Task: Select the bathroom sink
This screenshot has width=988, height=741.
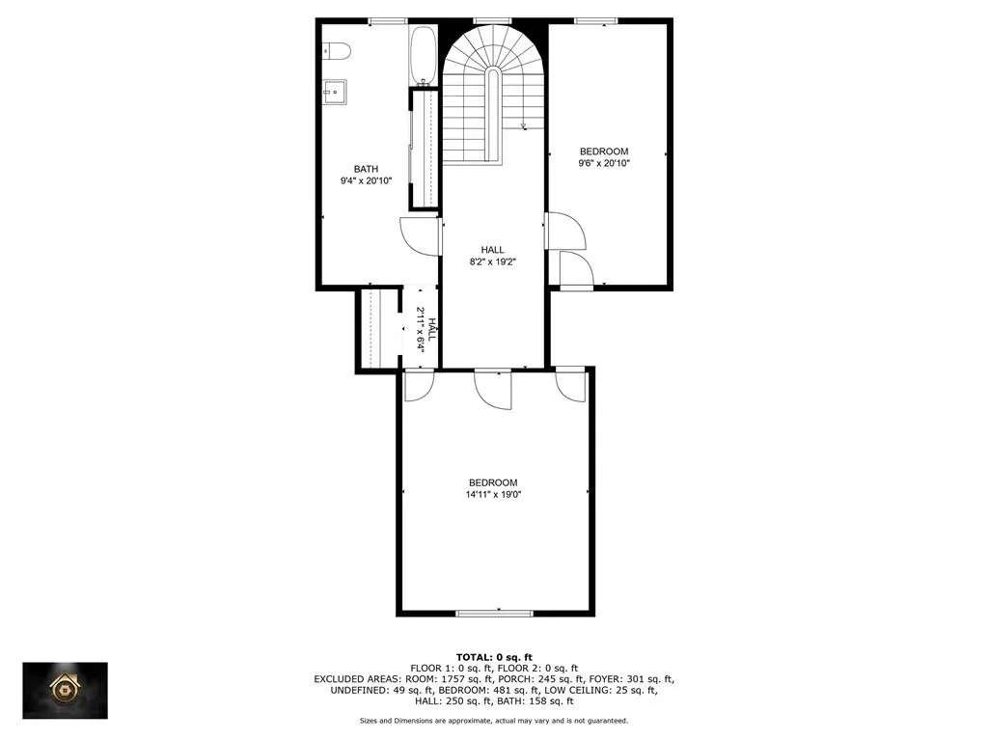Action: click(x=335, y=93)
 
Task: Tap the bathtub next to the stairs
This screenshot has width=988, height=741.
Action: click(x=423, y=55)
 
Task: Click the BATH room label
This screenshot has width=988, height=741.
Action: click(x=366, y=169)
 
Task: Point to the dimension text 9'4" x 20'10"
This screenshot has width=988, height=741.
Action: click(x=366, y=180)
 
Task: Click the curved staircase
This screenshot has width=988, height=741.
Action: click(x=493, y=95)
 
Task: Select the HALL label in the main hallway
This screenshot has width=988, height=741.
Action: click(x=493, y=250)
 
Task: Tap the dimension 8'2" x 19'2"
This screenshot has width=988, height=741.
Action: click(x=493, y=261)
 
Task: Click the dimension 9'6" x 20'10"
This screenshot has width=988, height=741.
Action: click(x=604, y=163)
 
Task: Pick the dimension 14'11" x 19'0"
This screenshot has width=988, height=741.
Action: click(x=493, y=495)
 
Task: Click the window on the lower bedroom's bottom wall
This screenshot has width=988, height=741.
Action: click(x=495, y=613)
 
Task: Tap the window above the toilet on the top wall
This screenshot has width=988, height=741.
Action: click(x=388, y=21)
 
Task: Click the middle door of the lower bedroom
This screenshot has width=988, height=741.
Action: click(x=493, y=390)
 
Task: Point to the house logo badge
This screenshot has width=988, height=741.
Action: click(x=65, y=691)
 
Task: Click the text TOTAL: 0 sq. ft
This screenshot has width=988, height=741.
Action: click(x=494, y=658)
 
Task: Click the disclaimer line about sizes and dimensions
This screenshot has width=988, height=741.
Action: click(x=494, y=720)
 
